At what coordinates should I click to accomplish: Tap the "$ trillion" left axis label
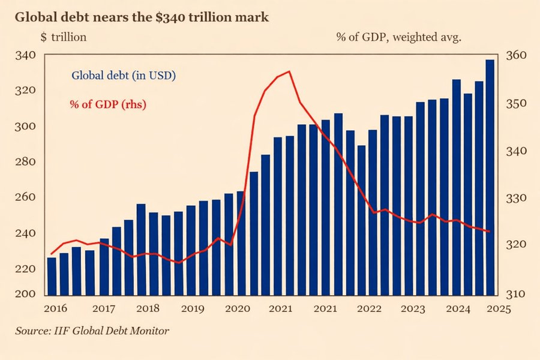[x=64, y=37]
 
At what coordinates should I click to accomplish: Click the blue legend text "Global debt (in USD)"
[x=123, y=76]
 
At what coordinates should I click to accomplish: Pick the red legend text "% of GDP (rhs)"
[x=108, y=104]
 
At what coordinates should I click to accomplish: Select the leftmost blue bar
[x=52, y=276]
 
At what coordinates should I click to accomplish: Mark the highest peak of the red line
[x=289, y=71]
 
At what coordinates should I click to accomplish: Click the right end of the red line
[x=490, y=231]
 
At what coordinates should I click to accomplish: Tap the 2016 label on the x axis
[x=55, y=309]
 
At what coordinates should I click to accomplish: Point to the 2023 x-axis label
[x=414, y=309]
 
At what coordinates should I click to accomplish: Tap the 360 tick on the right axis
[x=518, y=56]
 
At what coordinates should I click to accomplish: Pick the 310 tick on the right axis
[x=518, y=295]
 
